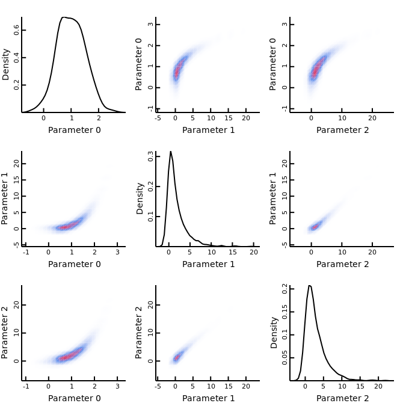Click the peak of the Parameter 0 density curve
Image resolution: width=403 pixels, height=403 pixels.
pyautogui.click(x=63, y=17)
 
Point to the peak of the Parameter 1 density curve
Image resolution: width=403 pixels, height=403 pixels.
pyautogui.click(x=170, y=152)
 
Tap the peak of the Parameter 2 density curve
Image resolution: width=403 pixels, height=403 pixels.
pyautogui.click(x=309, y=286)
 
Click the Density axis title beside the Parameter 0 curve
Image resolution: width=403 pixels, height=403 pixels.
pyautogui.click(x=6, y=65)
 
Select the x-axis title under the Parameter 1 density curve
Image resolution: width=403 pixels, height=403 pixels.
pyautogui.click(x=208, y=264)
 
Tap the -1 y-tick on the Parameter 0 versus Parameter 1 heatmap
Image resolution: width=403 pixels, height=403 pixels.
pyautogui.click(x=150, y=108)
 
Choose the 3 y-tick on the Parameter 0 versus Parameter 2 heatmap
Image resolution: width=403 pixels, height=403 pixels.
pyautogui.click(x=284, y=24)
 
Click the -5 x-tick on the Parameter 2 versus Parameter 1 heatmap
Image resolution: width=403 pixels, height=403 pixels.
pyautogui.click(x=158, y=386)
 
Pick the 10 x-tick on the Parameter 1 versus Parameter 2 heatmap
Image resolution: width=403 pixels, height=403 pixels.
pyautogui.click(x=342, y=251)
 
